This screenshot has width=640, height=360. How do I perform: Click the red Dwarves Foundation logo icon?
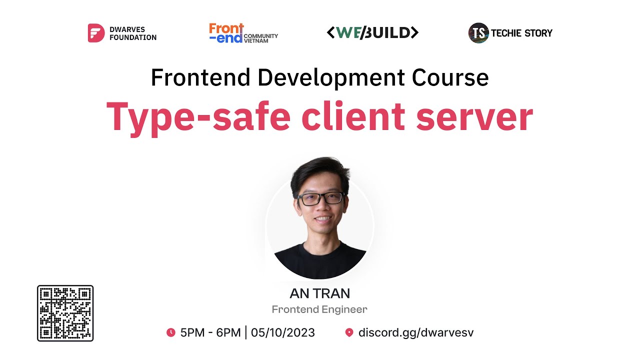point(96,33)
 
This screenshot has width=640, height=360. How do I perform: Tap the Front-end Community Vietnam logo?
point(243,33)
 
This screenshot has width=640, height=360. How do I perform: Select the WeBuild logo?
point(372,33)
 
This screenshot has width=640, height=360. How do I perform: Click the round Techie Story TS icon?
point(478,33)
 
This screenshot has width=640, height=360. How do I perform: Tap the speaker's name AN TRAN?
point(319,293)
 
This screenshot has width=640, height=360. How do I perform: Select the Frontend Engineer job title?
point(319,309)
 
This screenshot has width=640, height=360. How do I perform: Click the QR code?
point(65,313)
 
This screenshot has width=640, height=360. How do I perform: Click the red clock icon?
point(171,332)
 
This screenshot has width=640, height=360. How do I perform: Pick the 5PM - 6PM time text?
point(210,332)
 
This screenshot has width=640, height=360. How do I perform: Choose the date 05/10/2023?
point(283,332)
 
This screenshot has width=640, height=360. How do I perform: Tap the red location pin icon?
point(349,332)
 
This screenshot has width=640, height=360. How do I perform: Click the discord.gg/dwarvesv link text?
point(416,332)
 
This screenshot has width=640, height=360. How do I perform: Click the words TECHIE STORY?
point(521,33)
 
